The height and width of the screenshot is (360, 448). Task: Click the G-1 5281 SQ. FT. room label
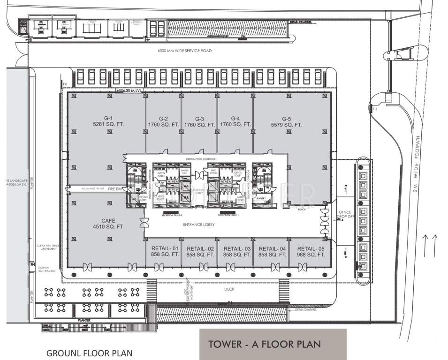pyautogui.click(x=109, y=121)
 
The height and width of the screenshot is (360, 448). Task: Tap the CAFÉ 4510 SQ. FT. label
pyautogui.click(x=109, y=224)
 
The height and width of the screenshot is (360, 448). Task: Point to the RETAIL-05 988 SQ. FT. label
pyautogui.click(x=311, y=251)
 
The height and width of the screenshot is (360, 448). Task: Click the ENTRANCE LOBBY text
pyautogui.click(x=199, y=225)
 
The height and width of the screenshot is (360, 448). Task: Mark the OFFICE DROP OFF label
pyautogui.click(x=345, y=215)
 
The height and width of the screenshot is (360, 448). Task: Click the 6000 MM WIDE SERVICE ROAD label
pyautogui.click(x=184, y=51)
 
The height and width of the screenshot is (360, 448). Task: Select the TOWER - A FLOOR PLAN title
pyautogui.click(x=265, y=344)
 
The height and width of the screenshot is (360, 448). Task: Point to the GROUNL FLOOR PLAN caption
pyautogui.click(x=89, y=353)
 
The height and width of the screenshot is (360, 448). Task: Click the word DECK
pyautogui.click(x=229, y=289)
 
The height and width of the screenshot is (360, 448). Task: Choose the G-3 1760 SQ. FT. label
pyautogui.click(x=199, y=121)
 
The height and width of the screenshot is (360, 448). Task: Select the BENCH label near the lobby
pyautogui.click(x=302, y=210)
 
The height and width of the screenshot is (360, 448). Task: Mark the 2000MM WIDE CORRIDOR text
pyautogui.click(x=200, y=159)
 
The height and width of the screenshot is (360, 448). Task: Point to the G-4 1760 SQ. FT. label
pyautogui.click(x=235, y=121)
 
